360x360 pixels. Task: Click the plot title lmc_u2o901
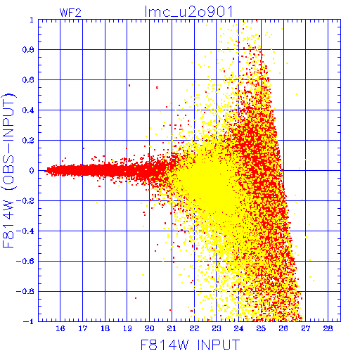(188, 12)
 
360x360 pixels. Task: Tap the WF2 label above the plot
(70, 13)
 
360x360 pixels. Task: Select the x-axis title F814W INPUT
(191, 345)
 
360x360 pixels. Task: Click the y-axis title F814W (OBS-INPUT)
(9, 171)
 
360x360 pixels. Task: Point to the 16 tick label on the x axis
(60, 328)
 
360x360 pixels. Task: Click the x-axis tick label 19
(127, 328)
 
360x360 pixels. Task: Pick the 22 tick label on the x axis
(194, 328)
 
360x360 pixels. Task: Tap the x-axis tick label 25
(261, 328)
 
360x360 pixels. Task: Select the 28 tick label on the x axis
(328, 328)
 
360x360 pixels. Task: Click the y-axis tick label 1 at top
(32, 20)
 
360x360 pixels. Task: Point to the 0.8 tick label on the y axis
(28, 50)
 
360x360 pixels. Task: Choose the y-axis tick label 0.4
(28, 110)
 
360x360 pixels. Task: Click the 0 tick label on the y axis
(32, 171)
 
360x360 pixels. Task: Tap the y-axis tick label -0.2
(25, 201)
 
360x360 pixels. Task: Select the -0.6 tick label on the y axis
(25, 261)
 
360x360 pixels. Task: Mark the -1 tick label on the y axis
(29, 321)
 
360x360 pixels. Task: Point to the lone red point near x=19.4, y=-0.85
(136, 298)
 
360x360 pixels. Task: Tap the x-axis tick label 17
(83, 328)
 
